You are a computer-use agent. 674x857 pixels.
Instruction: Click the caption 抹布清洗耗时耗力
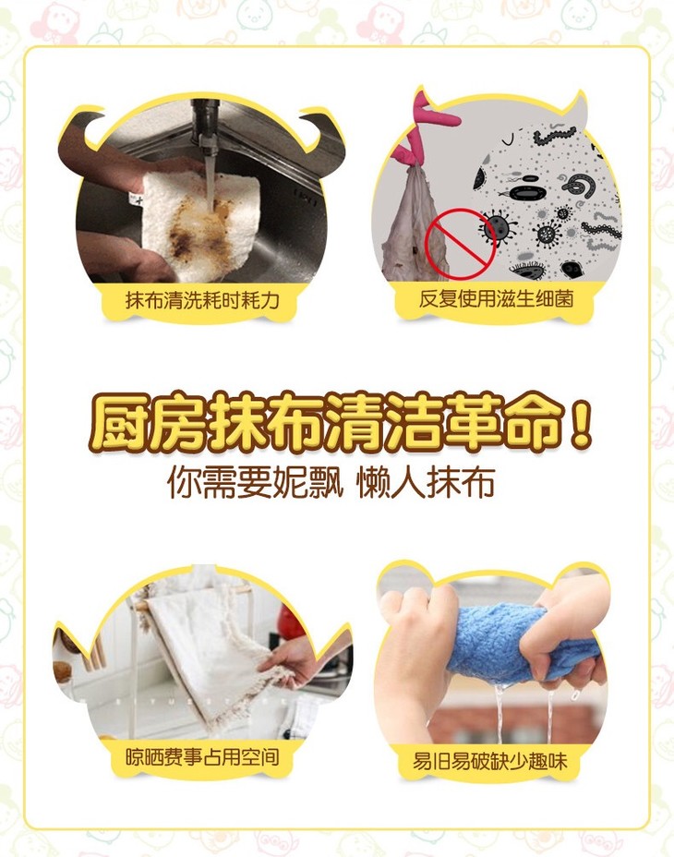(202, 299)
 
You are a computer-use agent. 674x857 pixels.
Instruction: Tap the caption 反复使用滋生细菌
(496, 298)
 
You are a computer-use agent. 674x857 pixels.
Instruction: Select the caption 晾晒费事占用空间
(202, 757)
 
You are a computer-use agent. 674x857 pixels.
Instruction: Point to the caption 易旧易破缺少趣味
(489, 761)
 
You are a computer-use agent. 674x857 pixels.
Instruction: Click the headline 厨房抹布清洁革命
(327, 424)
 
